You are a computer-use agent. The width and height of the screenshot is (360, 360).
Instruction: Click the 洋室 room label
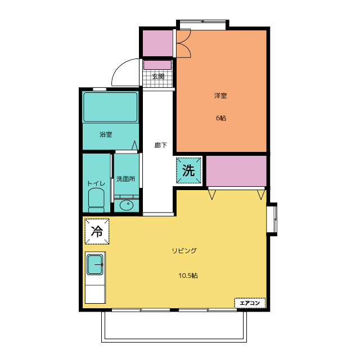[220, 96]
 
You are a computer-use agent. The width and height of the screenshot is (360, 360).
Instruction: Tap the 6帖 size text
[221, 118]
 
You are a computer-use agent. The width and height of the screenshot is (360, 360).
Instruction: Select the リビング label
[184, 250]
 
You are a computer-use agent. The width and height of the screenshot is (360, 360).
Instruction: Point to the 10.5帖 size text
[188, 275]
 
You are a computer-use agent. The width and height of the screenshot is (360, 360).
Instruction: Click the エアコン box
[250, 303]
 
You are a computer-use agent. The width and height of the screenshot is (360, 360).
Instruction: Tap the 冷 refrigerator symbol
[97, 231]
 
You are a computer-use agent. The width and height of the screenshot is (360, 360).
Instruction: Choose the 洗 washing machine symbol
[188, 170]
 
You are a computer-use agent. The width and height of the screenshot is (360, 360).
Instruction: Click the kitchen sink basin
[95, 264]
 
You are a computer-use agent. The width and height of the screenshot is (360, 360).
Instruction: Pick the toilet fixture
[96, 200]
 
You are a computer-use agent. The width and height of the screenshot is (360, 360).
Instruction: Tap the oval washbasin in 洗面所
[126, 205]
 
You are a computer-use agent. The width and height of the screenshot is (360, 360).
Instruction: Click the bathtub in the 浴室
[110, 107]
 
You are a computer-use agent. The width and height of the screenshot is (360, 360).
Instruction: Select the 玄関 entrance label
[159, 76]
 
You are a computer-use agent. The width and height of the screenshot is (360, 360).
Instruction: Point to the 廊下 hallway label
[160, 145]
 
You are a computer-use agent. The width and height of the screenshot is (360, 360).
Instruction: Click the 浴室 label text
[106, 134]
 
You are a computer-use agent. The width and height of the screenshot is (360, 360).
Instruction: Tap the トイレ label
[96, 183]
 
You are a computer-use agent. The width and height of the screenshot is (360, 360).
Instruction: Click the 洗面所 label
[125, 179]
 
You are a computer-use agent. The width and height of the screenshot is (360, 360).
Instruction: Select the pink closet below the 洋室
[236, 171]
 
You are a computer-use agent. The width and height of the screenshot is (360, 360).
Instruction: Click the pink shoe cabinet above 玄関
[157, 65]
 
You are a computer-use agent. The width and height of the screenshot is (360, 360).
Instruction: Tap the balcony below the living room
[174, 327]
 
